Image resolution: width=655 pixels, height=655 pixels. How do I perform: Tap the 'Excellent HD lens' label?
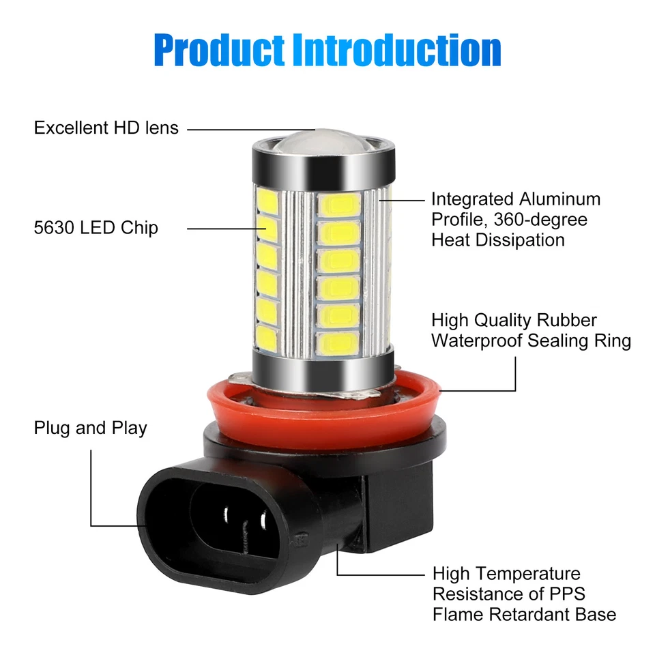[106, 128]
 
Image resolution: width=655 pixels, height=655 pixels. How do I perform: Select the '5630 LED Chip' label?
[96, 228]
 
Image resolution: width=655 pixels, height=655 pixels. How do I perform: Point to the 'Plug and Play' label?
[91, 428]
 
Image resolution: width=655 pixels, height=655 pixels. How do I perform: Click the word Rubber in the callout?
[567, 320]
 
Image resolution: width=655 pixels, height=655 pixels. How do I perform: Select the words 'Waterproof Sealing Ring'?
[531, 340]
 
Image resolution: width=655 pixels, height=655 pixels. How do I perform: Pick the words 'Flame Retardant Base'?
[524, 614]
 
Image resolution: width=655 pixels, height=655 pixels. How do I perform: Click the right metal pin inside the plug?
[264, 525]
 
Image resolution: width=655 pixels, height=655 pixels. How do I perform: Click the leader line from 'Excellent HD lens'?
[246, 128]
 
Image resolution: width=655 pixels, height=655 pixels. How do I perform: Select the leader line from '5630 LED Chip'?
[222, 228]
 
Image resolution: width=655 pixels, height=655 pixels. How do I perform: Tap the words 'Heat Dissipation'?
[498, 239]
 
